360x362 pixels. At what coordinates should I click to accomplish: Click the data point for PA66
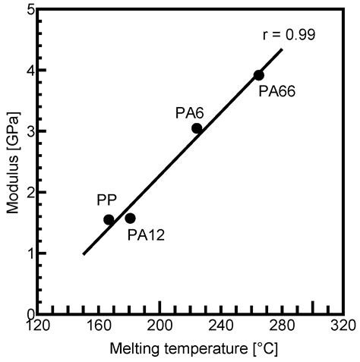tap(259, 75)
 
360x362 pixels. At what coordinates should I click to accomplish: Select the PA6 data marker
tap(197, 128)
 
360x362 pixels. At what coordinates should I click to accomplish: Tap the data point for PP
tap(109, 220)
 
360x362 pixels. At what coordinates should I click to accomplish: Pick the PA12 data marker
tap(130, 219)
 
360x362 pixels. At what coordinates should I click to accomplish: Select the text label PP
tap(106, 200)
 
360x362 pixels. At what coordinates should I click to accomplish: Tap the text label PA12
tap(145, 235)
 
